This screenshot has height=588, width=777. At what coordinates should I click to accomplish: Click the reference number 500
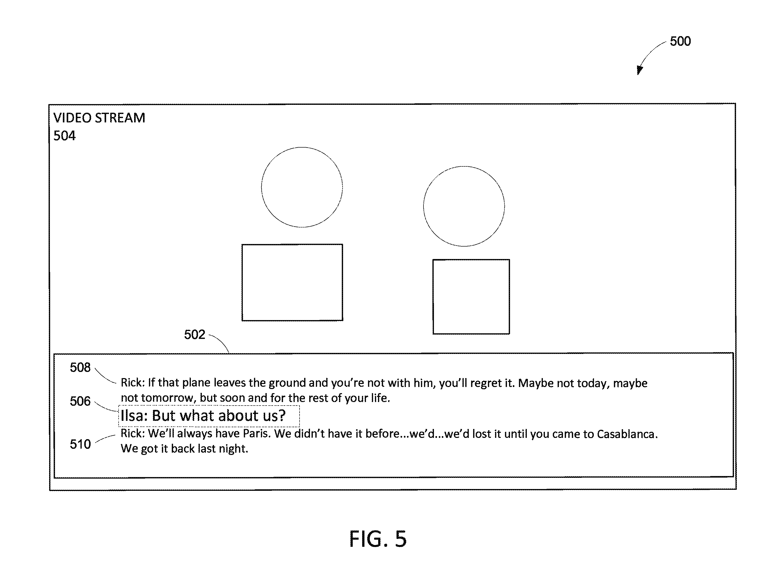(680, 41)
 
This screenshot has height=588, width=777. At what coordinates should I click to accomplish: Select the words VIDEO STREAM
(99, 118)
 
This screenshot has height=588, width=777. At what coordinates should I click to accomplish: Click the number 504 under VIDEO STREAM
(64, 136)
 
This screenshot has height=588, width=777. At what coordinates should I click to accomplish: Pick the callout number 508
(80, 367)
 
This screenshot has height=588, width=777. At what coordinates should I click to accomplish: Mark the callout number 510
(80, 444)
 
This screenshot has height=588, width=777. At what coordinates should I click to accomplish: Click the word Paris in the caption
(257, 434)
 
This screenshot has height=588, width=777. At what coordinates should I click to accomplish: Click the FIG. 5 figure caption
(378, 539)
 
